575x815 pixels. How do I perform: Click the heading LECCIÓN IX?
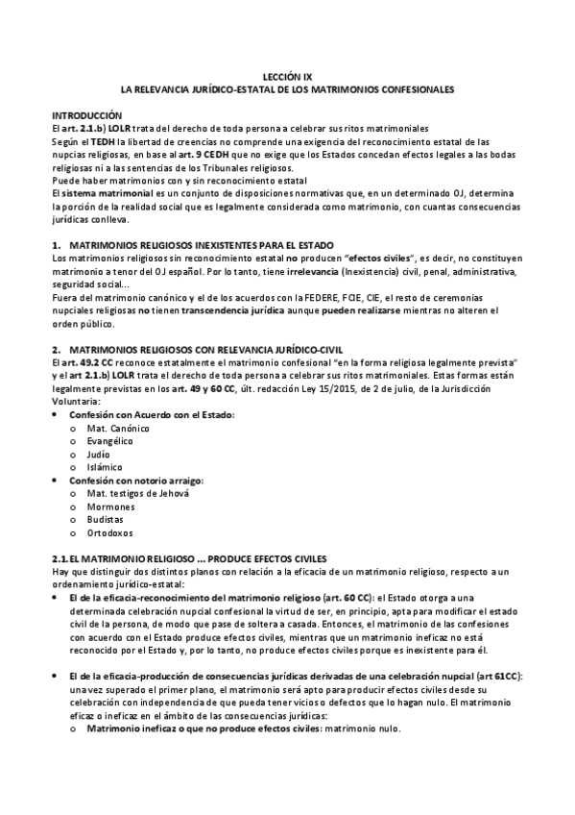click(x=287, y=75)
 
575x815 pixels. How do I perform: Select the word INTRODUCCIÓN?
click(x=87, y=114)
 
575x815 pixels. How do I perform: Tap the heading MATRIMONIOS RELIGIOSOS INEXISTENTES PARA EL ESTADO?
click(x=202, y=245)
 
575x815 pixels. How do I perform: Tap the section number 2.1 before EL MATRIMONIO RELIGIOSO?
click(x=62, y=558)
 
